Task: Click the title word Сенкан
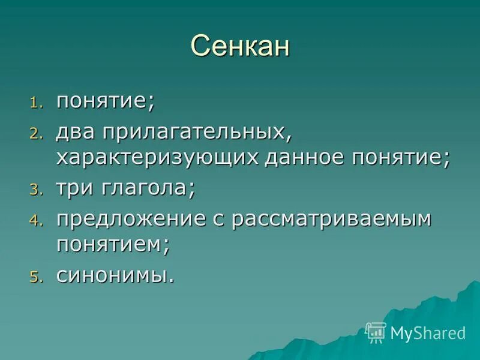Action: [240, 46]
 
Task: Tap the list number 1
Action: [36, 103]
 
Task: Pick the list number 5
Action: [36, 277]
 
